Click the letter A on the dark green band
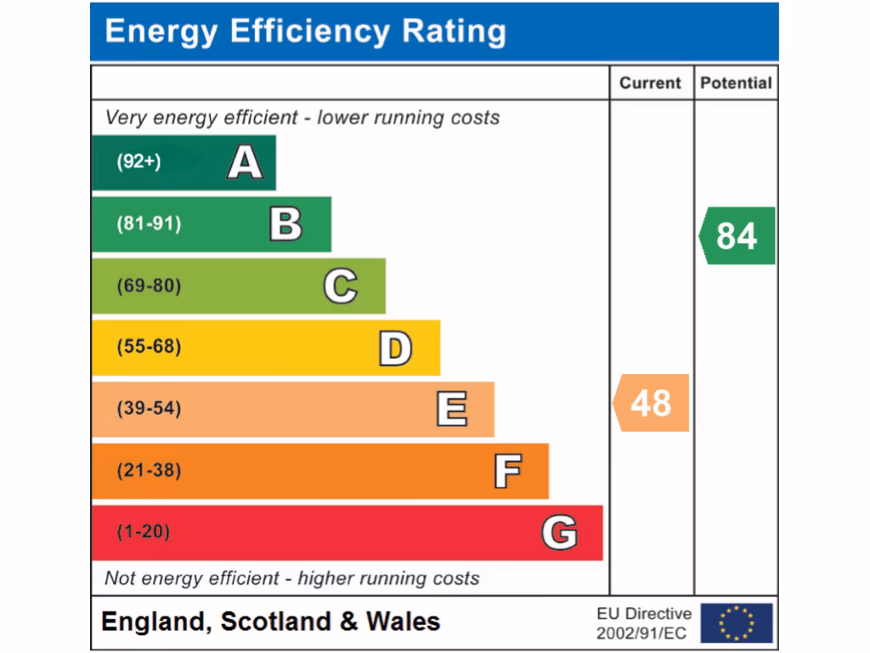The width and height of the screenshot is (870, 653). click(245, 162)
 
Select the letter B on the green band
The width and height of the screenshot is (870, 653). click(285, 224)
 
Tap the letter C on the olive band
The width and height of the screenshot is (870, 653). click(340, 286)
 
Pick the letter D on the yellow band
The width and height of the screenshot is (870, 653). click(395, 348)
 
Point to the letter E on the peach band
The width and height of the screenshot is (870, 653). click(451, 409)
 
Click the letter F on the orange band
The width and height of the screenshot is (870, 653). click(507, 471)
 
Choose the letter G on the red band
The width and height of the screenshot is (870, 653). click(560, 533)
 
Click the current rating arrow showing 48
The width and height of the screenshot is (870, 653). click(651, 403)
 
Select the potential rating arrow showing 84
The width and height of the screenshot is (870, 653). click(737, 236)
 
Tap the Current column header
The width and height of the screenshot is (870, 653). click(650, 83)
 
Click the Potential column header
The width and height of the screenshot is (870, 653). click(736, 83)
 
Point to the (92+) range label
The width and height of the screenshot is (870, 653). click(138, 162)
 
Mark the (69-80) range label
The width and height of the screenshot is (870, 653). click(149, 286)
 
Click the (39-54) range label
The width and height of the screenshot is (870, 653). click(149, 409)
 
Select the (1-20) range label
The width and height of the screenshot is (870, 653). click(143, 533)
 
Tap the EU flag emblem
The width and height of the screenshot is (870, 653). click(737, 623)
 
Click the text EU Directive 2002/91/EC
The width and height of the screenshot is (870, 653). click(644, 623)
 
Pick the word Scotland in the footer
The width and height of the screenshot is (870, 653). click(276, 622)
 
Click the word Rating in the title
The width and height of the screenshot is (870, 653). click(454, 31)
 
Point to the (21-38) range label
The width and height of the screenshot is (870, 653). click(149, 471)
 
